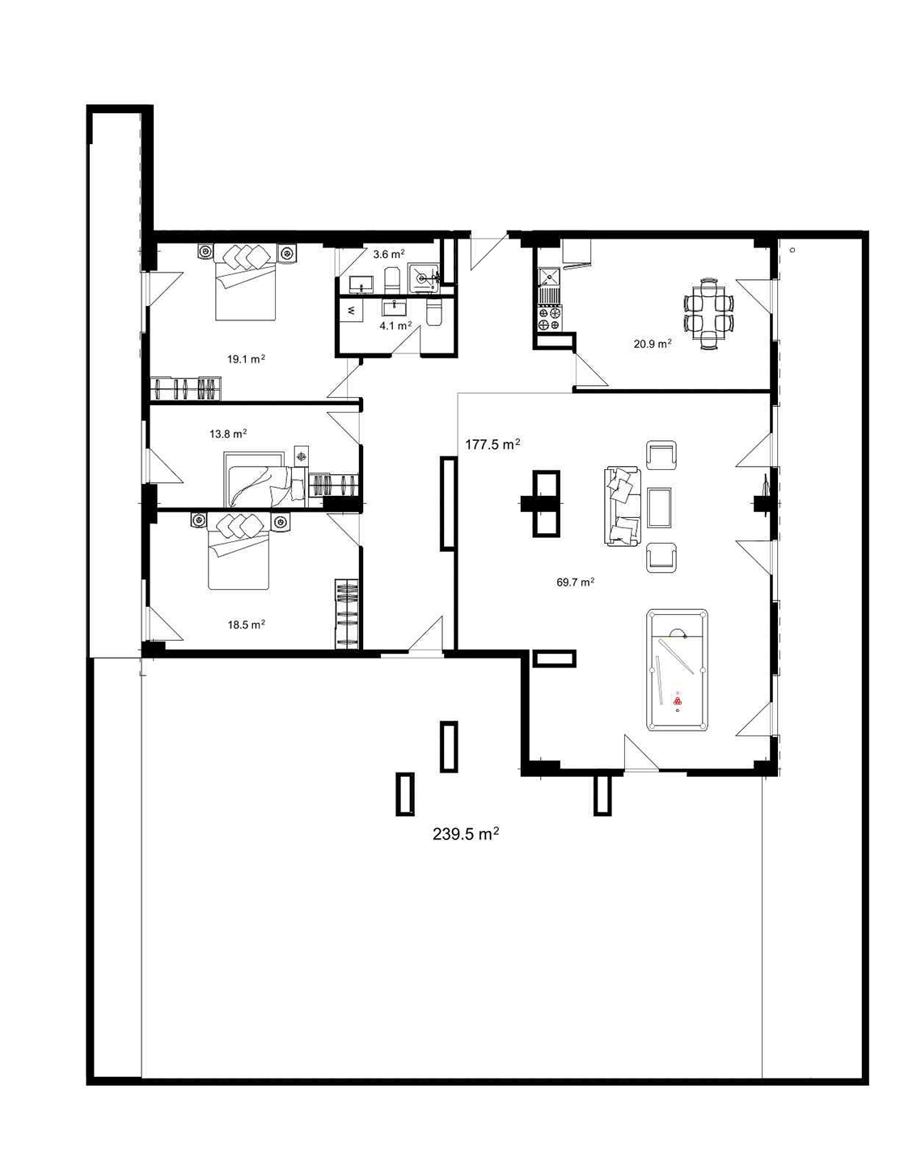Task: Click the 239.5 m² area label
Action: pyautogui.click(x=466, y=833)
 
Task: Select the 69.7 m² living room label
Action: pyautogui.click(x=576, y=582)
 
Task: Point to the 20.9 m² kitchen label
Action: pyautogui.click(x=653, y=344)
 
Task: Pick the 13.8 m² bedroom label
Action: pyautogui.click(x=228, y=433)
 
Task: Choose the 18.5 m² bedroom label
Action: pyautogui.click(x=247, y=625)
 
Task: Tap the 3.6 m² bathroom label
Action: pyautogui.click(x=389, y=254)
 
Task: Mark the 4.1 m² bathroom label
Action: pyautogui.click(x=396, y=325)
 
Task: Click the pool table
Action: pyautogui.click(x=677, y=671)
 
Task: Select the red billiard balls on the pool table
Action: pyautogui.click(x=678, y=701)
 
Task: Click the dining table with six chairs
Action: pyautogui.click(x=708, y=314)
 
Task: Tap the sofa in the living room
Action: pyautogui.click(x=623, y=506)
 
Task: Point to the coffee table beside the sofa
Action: pyautogui.click(x=661, y=507)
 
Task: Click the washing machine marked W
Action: pyautogui.click(x=351, y=311)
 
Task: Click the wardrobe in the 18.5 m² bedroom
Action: pyautogui.click(x=347, y=614)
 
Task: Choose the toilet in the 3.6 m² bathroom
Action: pyautogui.click(x=391, y=280)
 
